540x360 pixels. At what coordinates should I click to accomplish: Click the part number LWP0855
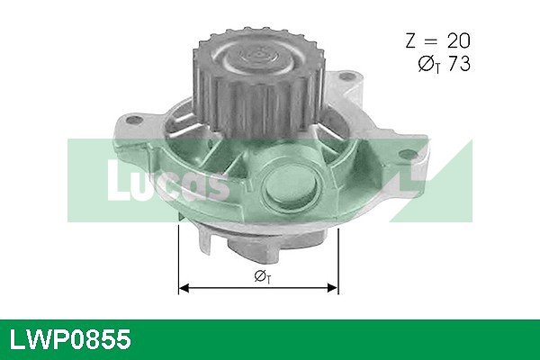click(70, 339)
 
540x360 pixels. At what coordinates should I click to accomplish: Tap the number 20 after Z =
click(458, 40)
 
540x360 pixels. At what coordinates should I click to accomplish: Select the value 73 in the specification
click(459, 64)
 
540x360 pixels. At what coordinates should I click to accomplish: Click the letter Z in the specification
click(411, 40)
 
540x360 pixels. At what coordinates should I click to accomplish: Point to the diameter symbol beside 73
click(426, 64)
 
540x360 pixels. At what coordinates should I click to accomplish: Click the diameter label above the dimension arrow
click(263, 276)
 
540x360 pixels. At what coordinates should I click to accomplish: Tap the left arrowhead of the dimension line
click(184, 288)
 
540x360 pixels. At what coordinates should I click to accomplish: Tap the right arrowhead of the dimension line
click(333, 288)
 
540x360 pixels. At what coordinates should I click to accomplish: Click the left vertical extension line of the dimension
click(178, 260)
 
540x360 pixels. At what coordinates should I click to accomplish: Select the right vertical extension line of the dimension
click(338, 262)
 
